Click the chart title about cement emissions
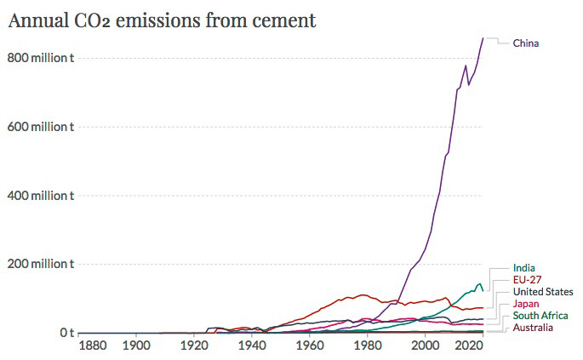pyautogui.click(x=162, y=20)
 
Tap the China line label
pyautogui.click(x=525, y=43)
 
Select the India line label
pyautogui.click(x=523, y=268)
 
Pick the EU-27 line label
pyautogui.click(x=527, y=280)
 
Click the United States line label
pyautogui.click(x=543, y=292)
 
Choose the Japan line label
pyautogui.click(x=525, y=304)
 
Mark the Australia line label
pyautogui.click(x=533, y=328)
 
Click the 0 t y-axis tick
pyautogui.click(x=66, y=333)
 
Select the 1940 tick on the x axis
pyautogui.click(x=251, y=346)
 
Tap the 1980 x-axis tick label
pyautogui.click(x=367, y=346)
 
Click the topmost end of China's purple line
pyautogui.click(x=483, y=38)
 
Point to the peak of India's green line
pyautogui.click(x=479, y=283)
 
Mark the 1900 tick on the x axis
pyautogui.click(x=135, y=346)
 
